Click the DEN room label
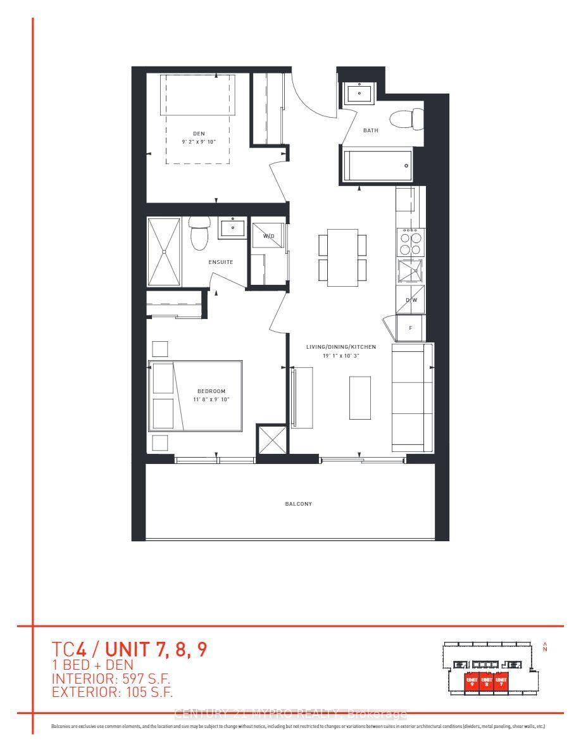tap(199, 133)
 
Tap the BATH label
tap(370, 130)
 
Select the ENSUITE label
tap(222, 261)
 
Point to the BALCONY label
tap(297, 504)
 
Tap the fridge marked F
tap(410, 328)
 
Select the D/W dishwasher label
tap(411, 300)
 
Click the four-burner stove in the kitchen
tap(411, 242)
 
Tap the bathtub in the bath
tap(377, 166)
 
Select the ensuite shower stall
tap(164, 252)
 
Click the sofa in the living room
tap(412, 398)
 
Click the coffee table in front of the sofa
tap(359, 398)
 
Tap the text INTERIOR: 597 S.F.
tap(111, 679)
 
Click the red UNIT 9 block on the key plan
tap(470, 682)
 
